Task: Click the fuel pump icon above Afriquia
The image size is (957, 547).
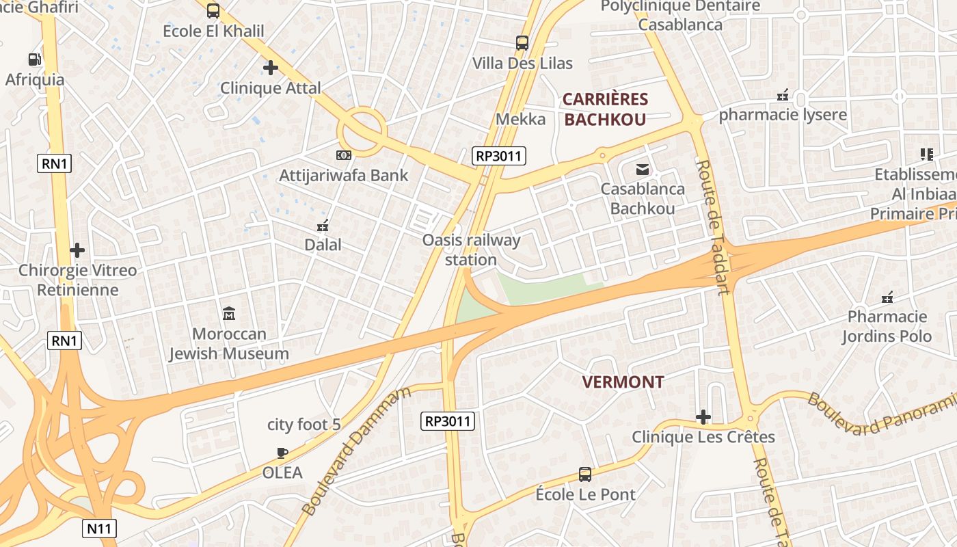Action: (34, 59)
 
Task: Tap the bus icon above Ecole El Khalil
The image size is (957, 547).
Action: (213, 11)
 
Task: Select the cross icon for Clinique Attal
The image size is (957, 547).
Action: (271, 68)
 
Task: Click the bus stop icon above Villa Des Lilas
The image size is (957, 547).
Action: (522, 43)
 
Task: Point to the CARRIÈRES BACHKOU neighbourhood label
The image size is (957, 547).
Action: (605, 109)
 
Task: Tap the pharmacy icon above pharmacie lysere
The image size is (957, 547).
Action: (783, 94)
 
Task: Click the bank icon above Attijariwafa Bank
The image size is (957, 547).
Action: (344, 155)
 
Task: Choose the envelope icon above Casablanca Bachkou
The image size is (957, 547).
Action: (643, 169)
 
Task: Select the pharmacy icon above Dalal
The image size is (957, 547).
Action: (323, 225)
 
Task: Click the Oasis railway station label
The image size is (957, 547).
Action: (471, 250)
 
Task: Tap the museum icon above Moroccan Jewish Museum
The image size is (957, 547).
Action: (229, 314)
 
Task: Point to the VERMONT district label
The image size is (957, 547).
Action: (623, 382)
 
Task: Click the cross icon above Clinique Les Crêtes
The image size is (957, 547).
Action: (703, 417)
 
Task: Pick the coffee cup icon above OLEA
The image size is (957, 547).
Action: (282, 453)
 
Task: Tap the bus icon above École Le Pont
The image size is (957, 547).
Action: (585, 474)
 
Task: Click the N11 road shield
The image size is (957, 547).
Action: (100, 529)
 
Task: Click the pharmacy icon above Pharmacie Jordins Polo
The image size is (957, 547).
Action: (887, 297)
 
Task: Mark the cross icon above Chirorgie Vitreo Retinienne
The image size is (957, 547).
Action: (77, 250)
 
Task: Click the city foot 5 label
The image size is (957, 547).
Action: (304, 425)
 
